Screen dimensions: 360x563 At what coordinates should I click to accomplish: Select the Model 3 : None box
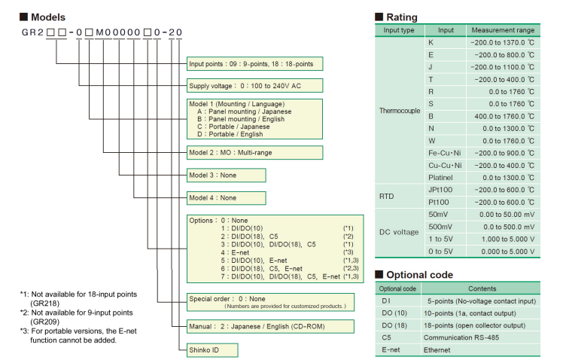227,175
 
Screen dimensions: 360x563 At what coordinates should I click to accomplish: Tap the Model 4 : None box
227,197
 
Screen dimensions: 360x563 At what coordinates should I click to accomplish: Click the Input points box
256,63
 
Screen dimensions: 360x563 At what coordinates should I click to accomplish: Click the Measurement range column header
502,30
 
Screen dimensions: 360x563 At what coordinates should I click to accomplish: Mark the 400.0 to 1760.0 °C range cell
502,116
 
